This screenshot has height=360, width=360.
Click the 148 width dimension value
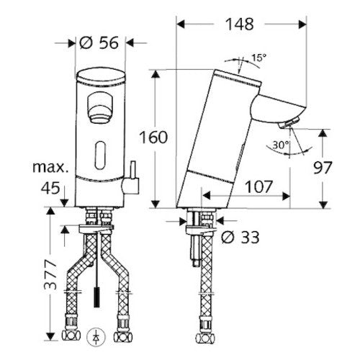(240, 24)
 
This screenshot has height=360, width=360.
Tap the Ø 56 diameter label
(99, 43)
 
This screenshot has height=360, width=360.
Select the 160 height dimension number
(153, 138)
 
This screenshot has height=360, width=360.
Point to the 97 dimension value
(323, 167)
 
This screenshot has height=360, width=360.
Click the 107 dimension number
(259, 186)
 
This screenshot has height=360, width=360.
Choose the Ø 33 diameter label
(240, 237)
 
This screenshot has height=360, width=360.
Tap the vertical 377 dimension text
(50, 275)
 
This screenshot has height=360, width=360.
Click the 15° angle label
(258, 58)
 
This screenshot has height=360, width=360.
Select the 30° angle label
(281, 145)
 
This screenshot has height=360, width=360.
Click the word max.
(50, 167)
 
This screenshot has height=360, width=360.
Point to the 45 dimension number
(50, 188)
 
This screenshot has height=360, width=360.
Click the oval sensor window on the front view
(100, 156)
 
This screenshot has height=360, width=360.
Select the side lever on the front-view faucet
(130, 182)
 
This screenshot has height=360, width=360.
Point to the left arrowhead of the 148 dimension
(181, 24)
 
